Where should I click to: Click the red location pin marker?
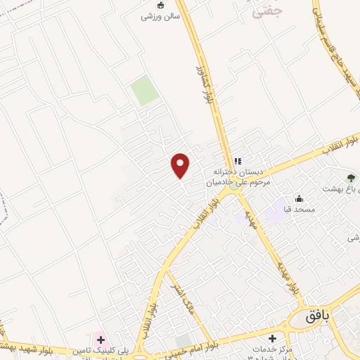[181, 165]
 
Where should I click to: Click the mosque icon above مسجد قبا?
[300, 199]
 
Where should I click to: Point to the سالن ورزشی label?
[160, 16]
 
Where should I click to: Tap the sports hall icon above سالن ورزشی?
[160, 5]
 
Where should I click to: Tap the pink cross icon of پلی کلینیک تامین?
[101, 340]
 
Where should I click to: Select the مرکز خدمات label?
[266, 350]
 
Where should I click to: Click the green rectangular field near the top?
[145, 91]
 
